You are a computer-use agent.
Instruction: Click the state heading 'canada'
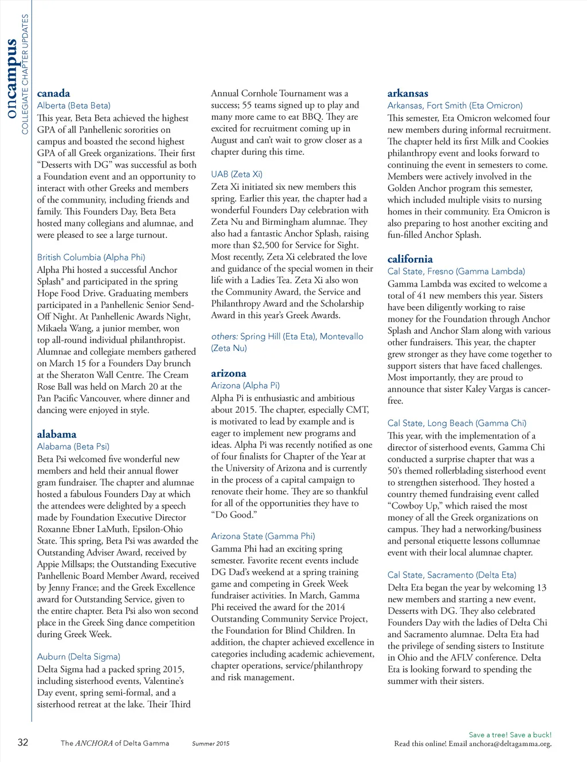[x=53, y=93]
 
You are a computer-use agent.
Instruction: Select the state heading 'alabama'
[x=56, y=434]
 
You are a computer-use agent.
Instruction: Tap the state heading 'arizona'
[x=228, y=373]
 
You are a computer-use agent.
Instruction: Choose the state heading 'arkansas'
[x=408, y=93]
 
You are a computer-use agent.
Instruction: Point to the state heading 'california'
[x=410, y=259]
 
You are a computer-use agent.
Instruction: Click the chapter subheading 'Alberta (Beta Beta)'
[x=73, y=105]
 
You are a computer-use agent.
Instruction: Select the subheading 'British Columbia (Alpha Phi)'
[x=91, y=257]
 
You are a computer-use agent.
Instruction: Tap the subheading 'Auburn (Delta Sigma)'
[x=79, y=657]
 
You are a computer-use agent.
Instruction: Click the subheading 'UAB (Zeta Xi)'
[x=236, y=174]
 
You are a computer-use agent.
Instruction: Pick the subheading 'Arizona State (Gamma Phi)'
[x=263, y=536]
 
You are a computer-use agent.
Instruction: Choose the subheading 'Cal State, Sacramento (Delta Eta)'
[x=451, y=575]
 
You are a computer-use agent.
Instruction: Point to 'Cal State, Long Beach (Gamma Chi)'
[x=456, y=423]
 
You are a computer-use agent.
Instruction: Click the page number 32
[x=23, y=743]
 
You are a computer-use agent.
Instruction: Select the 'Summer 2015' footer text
[x=210, y=744]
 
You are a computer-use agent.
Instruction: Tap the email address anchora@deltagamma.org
[x=510, y=744]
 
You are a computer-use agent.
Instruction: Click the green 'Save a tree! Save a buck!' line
[x=510, y=734]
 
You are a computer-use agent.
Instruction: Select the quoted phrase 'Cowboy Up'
[x=415, y=506]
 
